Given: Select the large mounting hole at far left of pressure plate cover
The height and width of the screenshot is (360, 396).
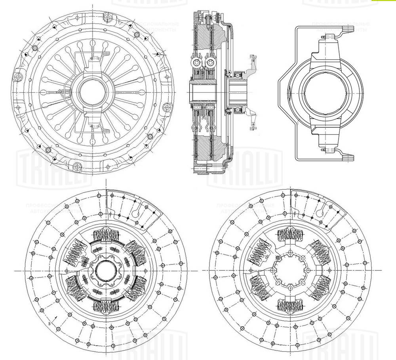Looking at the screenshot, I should coord(17,76).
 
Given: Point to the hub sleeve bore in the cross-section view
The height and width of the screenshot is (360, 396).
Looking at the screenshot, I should coord(203,94).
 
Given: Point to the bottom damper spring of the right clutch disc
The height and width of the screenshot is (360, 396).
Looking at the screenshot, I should coord(290,304).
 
